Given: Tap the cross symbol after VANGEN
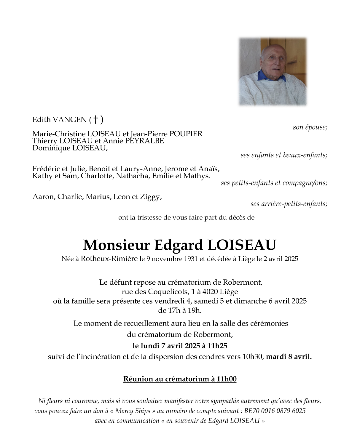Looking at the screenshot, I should [96, 119].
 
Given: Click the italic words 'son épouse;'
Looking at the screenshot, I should [310, 127].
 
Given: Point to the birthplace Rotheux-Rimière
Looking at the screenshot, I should [109, 259].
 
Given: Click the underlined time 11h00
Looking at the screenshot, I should [227, 379].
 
